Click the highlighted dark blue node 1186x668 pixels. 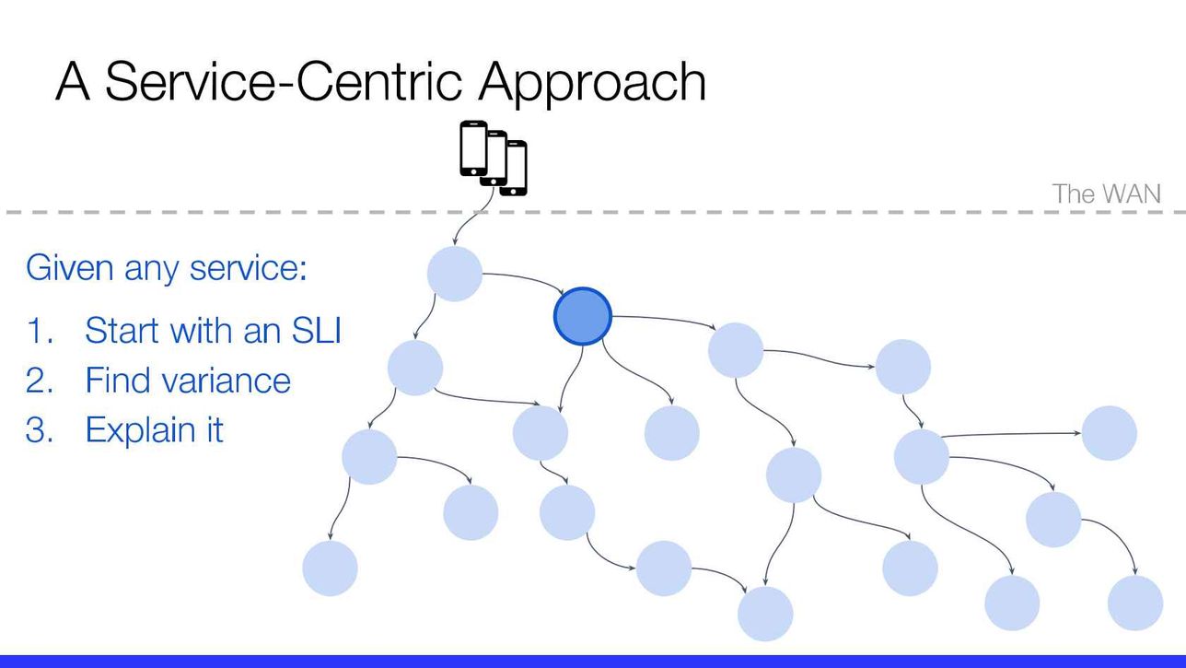point(582,316)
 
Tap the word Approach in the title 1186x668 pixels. point(592,83)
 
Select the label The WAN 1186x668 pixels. point(1107,193)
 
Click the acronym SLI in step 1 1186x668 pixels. point(316,331)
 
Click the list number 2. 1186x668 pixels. point(39,381)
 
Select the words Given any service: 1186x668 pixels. point(167,269)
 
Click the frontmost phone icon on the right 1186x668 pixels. point(514,169)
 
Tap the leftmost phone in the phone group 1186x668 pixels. point(473,148)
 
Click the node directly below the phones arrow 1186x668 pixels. point(454,274)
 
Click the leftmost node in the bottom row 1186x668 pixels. point(330,568)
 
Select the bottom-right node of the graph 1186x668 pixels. point(1135,603)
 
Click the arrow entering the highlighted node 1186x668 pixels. point(524,279)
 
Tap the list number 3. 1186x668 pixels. point(39,429)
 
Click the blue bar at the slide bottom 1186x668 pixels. point(593,662)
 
